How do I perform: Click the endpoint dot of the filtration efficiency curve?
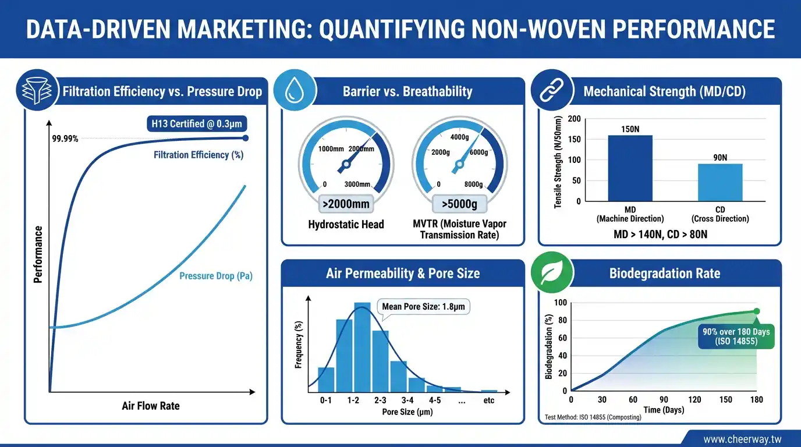(245, 138)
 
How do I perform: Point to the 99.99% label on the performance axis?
(65, 139)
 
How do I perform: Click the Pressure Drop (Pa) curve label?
(215, 276)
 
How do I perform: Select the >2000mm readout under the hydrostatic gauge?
(345, 204)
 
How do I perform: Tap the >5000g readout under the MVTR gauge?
(459, 204)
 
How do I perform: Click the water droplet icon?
(295, 91)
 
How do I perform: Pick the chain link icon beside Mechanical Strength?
(552, 91)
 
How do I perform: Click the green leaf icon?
(552, 272)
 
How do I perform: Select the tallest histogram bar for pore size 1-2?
(362, 347)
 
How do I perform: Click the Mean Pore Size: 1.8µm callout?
(423, 306)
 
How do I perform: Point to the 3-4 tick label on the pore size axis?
(407, 400)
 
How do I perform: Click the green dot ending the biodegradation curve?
(756, 311)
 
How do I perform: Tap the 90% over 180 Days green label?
(736, 336)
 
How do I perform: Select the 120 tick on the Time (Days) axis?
(694, 400)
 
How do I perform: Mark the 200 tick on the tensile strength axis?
(575, 119)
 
